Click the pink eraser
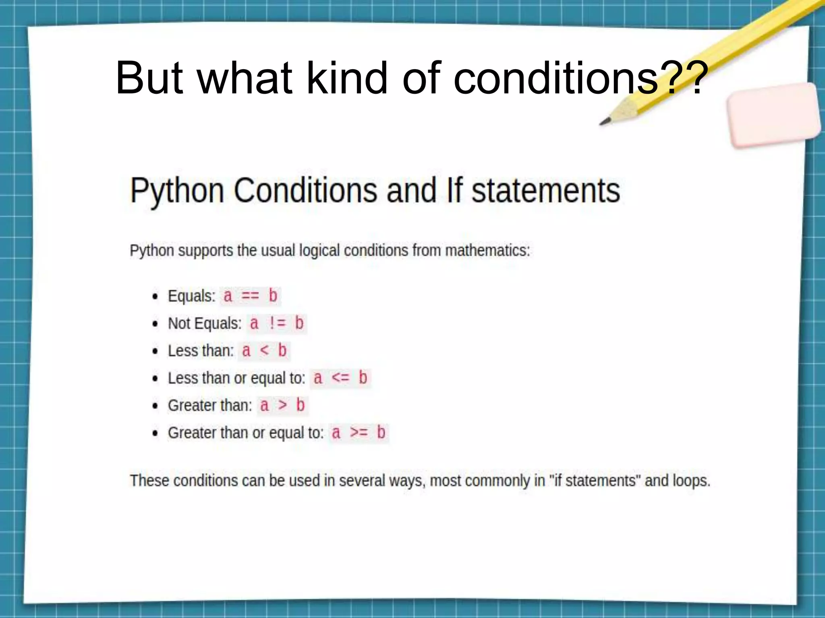[773, 115]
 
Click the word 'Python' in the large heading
[177, 191]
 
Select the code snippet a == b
[250, 296]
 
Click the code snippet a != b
[276, 323]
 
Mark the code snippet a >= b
[359, 433]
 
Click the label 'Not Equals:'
[205, 323]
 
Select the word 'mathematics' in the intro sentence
[487, 251]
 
